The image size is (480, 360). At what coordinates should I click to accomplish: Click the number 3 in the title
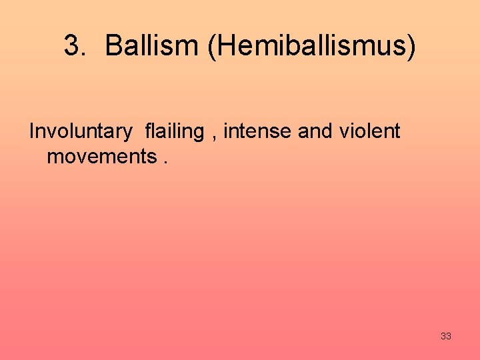coord(71,46)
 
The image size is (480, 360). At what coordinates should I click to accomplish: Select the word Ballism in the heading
coord(153,46)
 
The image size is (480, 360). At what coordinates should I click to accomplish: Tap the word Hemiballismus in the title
coord(311,46)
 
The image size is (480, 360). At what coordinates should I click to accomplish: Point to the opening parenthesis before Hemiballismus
coord(212,47)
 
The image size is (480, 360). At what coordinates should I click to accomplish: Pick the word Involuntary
coord(81,132)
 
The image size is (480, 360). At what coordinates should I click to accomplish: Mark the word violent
coord(370,132)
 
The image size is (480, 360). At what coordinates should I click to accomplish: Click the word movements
coord(101,157)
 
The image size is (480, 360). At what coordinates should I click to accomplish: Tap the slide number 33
coord(446,336)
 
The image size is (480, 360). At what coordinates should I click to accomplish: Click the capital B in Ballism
coord(113,46)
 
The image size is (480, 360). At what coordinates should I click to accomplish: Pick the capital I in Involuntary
coord(32,132)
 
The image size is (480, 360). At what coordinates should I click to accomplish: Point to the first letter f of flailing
coord(148,132)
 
